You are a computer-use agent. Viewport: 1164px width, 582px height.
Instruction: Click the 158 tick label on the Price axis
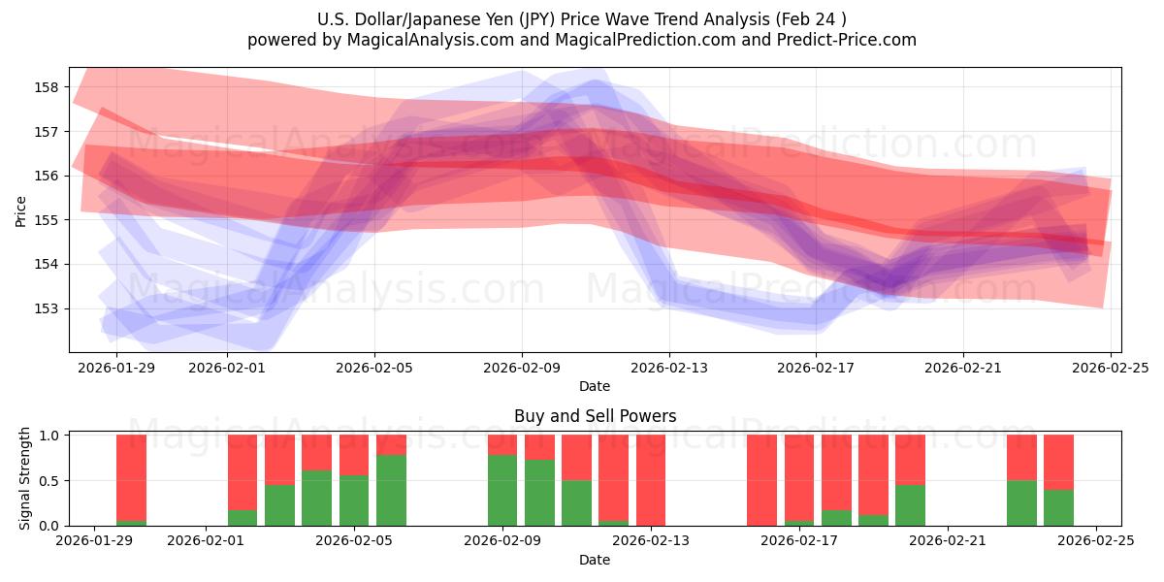pyautogui.click(x=47, y=87)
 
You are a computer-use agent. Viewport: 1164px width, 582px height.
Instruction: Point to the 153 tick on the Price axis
pyautogui.click(x=47, y=308)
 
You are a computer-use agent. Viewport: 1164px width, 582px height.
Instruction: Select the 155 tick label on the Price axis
pyautogui.click(x=47, y=220)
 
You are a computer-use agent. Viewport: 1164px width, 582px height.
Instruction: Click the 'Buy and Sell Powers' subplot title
pyautogui.click(x=595, y=416)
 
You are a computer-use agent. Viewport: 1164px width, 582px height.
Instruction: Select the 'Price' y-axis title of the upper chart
pyautogui.click(x=21, y=210)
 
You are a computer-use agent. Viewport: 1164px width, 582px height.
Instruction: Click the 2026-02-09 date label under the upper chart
pyautogui.click(x=522, y=368)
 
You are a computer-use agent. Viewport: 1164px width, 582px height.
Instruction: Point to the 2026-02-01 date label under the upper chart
pyautogui.click(x=227, y=368)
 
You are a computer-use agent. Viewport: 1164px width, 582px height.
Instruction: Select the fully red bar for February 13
pyautogui.click(x=650, y=480)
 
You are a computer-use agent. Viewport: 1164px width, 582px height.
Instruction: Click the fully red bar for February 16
pyautogui.click(x=761, y=480)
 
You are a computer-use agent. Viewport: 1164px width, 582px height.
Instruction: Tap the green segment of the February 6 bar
pyautogui.click(x=391, y=491)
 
